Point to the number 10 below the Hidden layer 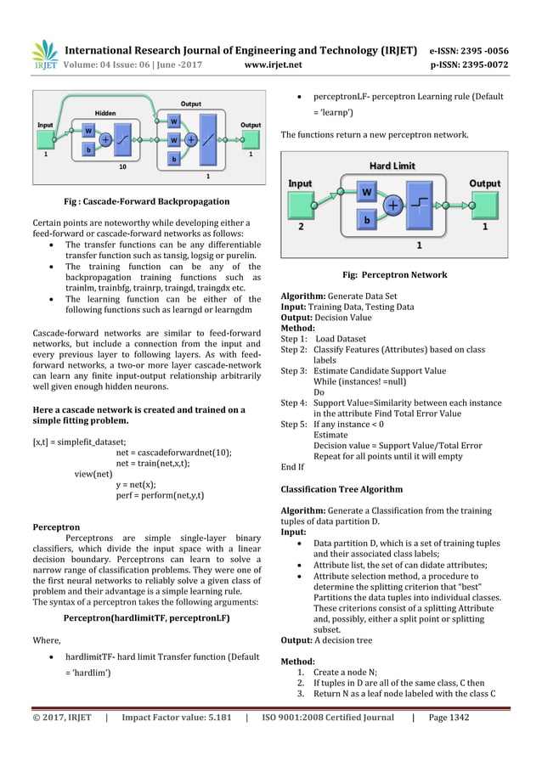[x=121, y=167]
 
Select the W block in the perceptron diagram [x=366, y=193]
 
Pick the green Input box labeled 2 [x=301, y=205]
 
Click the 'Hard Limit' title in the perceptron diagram [x=392, y=166]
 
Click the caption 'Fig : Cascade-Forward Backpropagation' [x=147, y=202]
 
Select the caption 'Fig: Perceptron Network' [x=394, y=275]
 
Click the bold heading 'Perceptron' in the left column [x=56, y=527]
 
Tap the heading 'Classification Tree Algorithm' [x=342, y=489]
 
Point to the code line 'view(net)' [x=93, y=474]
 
